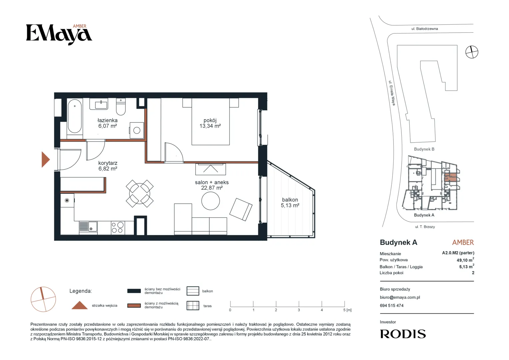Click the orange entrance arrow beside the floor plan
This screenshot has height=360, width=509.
[45, 160]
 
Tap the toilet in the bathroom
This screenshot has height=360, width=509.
[121, 106]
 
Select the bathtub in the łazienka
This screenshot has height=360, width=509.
[75, 116]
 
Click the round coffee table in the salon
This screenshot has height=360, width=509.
[211, 201]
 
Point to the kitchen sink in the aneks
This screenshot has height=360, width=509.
[88, 227]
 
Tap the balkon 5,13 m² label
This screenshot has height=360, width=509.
[290, 203]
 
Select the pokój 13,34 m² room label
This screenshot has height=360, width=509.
[210, 123]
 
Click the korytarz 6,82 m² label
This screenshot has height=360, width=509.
[108, 166]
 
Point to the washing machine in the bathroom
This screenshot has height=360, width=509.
[137, 130]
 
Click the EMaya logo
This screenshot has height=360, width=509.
[59, 34]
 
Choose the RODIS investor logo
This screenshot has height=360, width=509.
[403, 334]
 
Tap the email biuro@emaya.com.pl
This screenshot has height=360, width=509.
[400, 297]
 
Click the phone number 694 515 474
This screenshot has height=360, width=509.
[392, 305]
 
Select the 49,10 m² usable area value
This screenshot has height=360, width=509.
[465, 260]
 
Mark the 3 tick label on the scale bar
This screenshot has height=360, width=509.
[299, 310]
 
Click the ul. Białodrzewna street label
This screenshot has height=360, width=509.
[424, 29]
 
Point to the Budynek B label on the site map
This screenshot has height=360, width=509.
[424, 149]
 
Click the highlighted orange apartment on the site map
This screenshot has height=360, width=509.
[450, 177]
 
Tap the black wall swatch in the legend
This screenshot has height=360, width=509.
[134, 291]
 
